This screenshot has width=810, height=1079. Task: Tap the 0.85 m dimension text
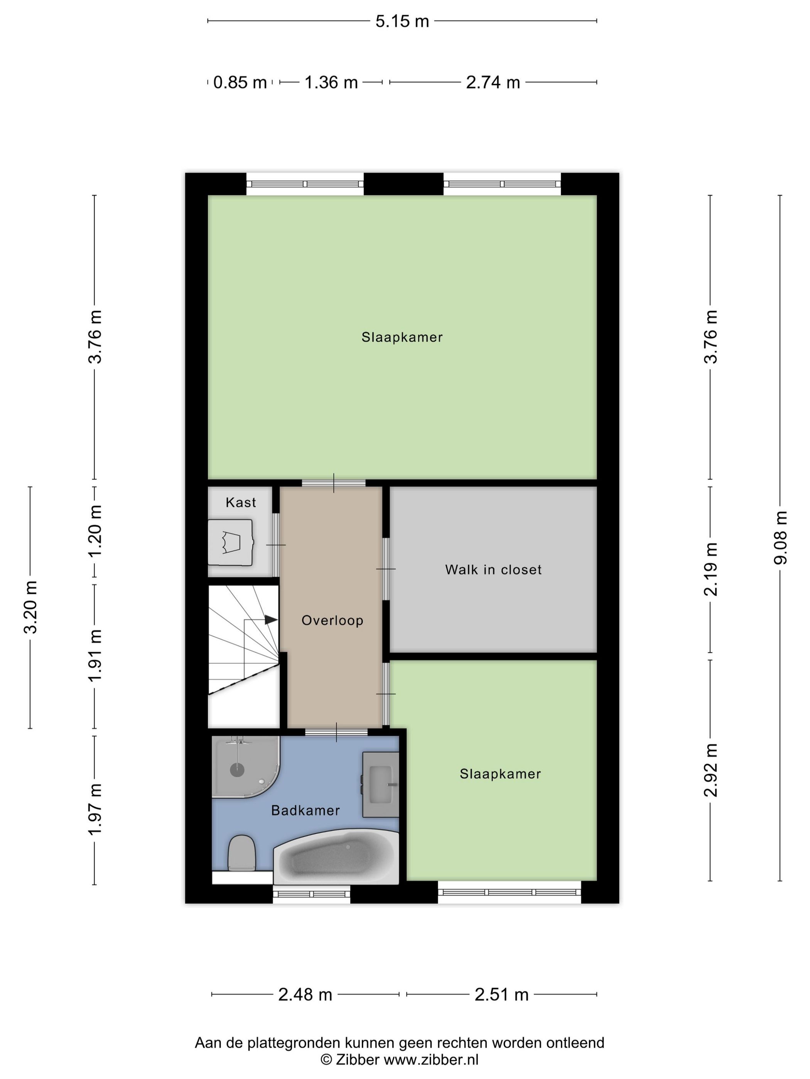240,82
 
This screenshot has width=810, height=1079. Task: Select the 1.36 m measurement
331,82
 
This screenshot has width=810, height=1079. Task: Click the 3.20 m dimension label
30,607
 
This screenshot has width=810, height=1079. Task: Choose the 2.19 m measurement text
710,569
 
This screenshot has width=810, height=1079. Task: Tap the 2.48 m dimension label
305,994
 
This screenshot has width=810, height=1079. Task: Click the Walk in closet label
493,570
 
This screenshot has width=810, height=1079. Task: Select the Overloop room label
332,620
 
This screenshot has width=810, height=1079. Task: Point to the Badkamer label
305,810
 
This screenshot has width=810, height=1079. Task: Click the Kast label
241,503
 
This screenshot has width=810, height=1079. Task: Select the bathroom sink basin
381,784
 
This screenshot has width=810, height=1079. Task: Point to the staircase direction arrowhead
270,620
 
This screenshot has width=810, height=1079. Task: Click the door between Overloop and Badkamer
336,732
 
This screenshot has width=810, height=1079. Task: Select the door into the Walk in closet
386,569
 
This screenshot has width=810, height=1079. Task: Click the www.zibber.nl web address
430,1059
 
